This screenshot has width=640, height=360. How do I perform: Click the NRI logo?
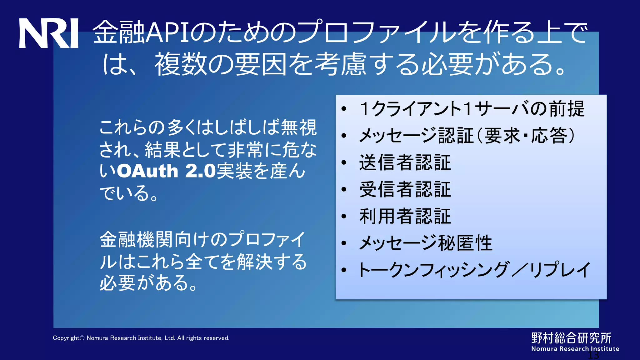(48, 33)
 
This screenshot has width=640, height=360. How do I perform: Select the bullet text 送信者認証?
(405, 163)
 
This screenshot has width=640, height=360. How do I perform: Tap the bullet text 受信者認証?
(405, 190)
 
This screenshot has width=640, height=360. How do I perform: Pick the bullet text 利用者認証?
(405, 217)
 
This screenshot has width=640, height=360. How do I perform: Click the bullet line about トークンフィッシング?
(474, 270)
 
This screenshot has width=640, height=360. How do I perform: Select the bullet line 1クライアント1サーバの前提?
(472, 109)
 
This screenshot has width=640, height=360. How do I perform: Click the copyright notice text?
(141, 338)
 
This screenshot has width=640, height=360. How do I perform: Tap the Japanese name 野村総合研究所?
(571, 338)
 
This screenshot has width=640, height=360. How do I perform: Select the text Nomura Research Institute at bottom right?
(575, 349)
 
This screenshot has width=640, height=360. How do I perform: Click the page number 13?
(593, 355)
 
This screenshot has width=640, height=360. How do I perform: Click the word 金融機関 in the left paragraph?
(137, 240)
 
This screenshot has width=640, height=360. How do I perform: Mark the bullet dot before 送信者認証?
(344, 163)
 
